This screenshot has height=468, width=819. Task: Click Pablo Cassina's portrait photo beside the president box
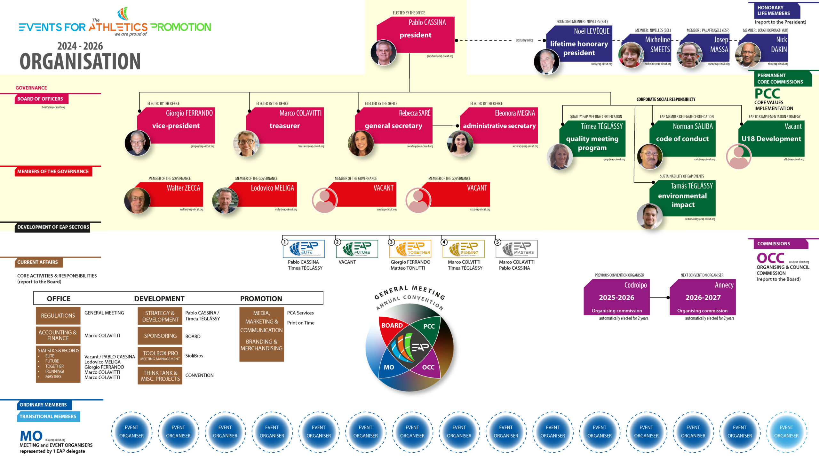pos(383,52)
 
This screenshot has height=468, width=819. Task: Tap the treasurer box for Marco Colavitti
pos(285,125)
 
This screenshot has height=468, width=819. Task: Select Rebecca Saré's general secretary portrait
pos(361,143)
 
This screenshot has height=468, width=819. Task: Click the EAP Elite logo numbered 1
pos(304,249)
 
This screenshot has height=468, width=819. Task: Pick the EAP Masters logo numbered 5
pos(517,249)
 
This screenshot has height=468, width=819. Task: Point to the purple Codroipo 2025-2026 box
pos(616,297)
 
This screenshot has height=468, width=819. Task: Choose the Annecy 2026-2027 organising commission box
pos(703,297)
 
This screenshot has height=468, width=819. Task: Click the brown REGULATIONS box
pos(58,316)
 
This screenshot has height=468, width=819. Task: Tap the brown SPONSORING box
pos(160,336)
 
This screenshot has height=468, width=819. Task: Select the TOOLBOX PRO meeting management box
pos(160,355)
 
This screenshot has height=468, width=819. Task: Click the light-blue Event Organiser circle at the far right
pos(786,432)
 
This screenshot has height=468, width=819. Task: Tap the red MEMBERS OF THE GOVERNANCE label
pos(53,172)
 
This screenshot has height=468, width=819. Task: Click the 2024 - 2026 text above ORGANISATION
pos(80,46)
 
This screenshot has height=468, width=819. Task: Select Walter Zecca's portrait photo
pos(137,201)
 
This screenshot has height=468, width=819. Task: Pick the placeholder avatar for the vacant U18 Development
pos(739,156)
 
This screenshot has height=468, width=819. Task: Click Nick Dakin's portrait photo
pos(748,55)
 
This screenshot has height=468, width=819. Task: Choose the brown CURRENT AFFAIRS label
pos(38,262)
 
